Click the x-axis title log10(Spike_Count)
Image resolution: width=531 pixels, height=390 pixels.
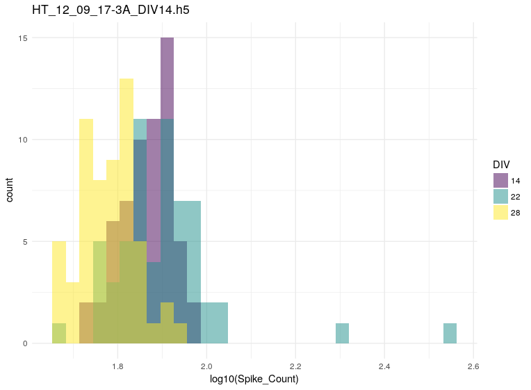coord(254,379)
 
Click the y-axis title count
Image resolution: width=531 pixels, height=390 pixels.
coord(10,190)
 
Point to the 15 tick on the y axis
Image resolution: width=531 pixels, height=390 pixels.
coord(23,38)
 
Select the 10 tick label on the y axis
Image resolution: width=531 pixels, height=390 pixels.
coord(23,140)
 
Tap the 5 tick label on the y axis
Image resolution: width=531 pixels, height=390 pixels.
coord(25,242)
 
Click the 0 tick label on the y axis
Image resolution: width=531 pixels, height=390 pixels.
coord(25,343)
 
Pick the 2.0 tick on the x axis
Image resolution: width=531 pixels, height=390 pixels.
coord(206,366)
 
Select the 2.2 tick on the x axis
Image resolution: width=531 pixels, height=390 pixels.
coord(295,366)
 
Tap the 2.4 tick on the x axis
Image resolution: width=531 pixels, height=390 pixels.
coord(384,366)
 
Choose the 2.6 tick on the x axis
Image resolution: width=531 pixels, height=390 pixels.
coord(473,366)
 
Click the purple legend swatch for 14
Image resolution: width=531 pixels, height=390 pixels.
coord(500,180)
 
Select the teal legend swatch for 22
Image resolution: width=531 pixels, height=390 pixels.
coord(500,196)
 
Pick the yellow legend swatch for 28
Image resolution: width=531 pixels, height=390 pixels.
coord(500,212)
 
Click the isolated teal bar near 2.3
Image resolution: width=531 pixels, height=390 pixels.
coord(342,334)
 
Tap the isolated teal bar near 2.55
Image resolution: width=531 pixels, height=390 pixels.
coord(450,334)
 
